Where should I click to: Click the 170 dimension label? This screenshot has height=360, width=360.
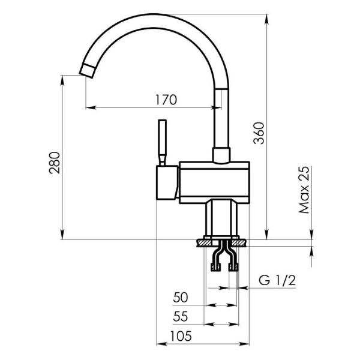point(166,100)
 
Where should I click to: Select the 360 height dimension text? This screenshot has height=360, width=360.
point(259,133)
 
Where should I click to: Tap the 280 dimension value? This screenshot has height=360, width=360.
point(55,163)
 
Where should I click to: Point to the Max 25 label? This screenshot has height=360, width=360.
point(304,190)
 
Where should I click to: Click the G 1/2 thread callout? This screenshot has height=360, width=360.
point(277,280)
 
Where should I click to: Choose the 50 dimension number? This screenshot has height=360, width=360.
point(181,298)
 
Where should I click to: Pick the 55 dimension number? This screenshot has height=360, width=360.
point(181,316)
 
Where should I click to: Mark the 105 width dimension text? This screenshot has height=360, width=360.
point(181,336)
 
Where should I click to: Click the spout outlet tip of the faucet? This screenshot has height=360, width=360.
point(87,71)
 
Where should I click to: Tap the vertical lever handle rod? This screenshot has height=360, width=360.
point(163,142)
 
